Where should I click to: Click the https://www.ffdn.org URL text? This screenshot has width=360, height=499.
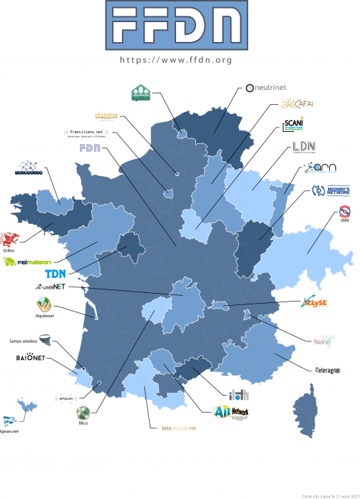176,61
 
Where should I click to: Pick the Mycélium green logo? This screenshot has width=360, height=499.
140,93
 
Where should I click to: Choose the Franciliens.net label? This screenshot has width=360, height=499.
85,132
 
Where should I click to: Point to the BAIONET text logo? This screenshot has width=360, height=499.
31,357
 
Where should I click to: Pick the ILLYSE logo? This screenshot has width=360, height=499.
314,302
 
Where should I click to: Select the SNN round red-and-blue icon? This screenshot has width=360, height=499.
344,212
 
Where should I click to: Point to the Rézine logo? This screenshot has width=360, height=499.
322,341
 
